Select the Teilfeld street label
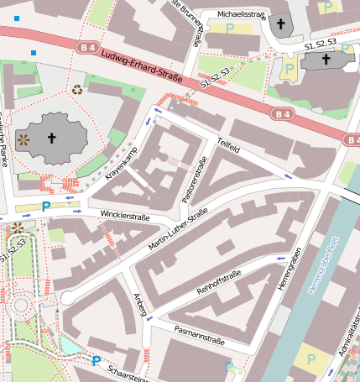[x=228, y=148]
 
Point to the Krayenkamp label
[x=122, y=165]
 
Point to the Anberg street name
[x=140, y=306]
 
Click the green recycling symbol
[x=77, y=88]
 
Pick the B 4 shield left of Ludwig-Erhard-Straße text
[x=86, y=48]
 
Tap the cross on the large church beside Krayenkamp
[x=52, y=139]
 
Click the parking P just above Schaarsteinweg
[x=97, y=361]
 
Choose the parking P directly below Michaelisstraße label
[x=230, y=28]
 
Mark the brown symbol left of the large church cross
[x=23, y=139]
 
